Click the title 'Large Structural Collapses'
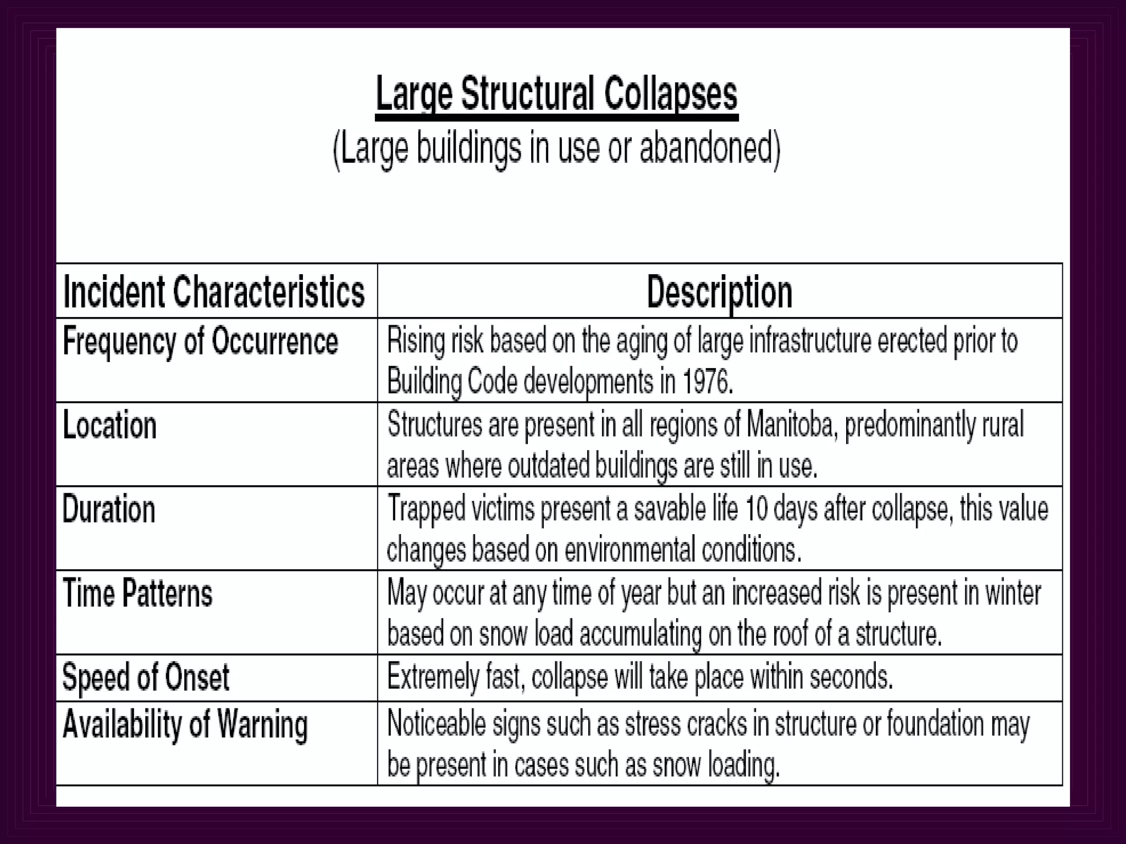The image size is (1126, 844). [x=556, y=95]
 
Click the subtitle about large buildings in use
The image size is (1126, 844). [x=556, y=148]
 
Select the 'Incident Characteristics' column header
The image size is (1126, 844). [x=214, y=291]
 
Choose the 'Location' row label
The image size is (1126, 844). [x=110, y=426]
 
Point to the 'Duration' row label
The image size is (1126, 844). [x=109, y=509]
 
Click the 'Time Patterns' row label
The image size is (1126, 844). [x=137, y=594]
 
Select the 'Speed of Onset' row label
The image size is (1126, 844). [x=146, y=678]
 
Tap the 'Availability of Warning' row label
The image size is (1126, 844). [x=185, y=725]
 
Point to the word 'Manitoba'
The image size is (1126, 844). [x=790, y=425]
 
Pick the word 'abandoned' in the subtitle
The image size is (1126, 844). [x=709, y=148]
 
